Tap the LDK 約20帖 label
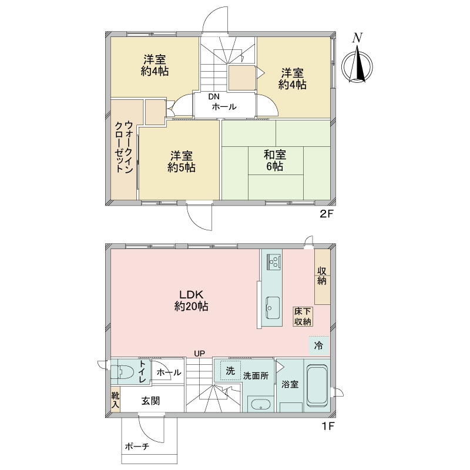[x=192, y=300]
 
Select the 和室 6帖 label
[x=275, y=160]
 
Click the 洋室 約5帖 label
[x=182, y=162]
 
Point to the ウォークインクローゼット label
[x=124, y=146]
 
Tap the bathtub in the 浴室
[x=316, y=385]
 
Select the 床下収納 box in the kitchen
[x=303, y=317]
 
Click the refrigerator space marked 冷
[x=318, y=345]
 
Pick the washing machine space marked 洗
[x=230, y=371]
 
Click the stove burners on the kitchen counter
[x=273, y=262]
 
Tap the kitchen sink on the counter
[x=273, y=308]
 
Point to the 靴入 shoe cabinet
[x=115, y=400]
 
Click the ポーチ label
[x=137, y=446]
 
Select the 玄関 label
[x=151, y=401]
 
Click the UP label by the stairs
[x=199, y=354]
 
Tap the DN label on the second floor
[x=214, y=96]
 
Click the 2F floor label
[x=327, y=214]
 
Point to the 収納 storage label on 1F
[x=322, y=276]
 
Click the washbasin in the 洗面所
[x=260, y=404]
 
